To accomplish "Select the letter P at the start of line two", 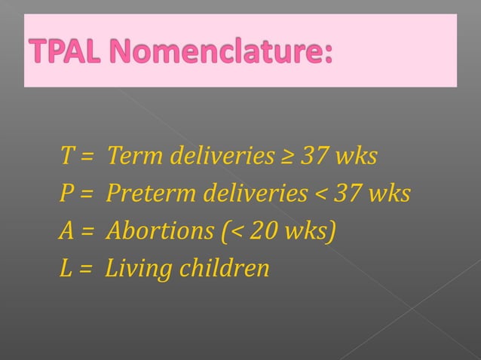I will point(66,194).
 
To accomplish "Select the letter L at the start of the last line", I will point(66,267).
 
